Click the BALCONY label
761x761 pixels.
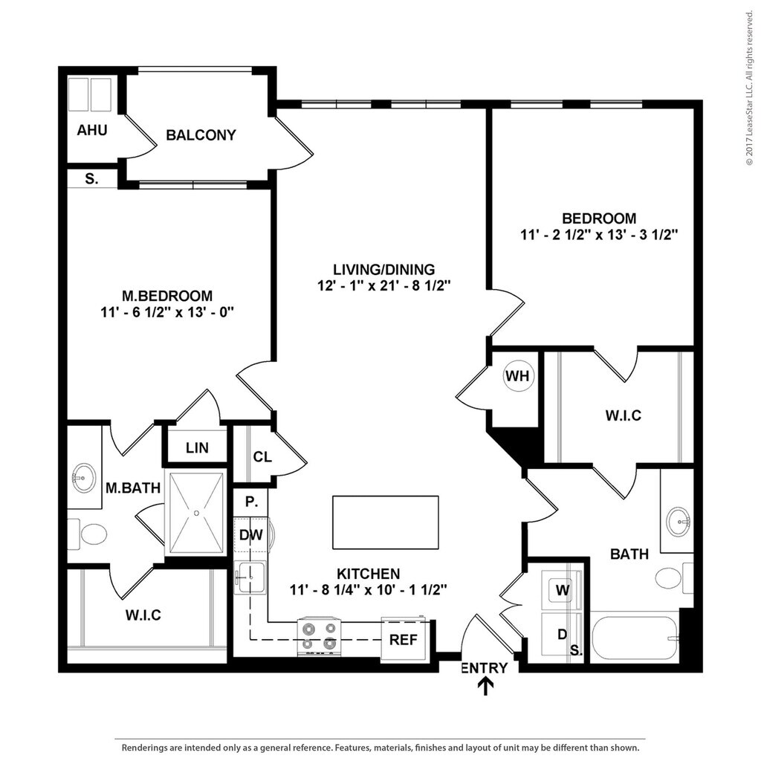click(x=201, y=135)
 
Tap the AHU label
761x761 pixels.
click(x=92, y=131)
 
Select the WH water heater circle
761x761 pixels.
click(x=517, y=376)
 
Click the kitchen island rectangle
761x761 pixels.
click(x=385, y=522)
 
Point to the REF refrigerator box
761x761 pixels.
click(x=404, y=639)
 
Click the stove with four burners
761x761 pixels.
click(x=320, y=636)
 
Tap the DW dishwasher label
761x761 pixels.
click(x=250, y=534)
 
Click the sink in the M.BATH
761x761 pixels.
click(x=84, y=477)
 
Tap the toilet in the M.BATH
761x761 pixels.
click(x=93, y=534)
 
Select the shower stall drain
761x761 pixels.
click(x=196, y=512)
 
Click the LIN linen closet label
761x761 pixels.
click(x=197, y=448)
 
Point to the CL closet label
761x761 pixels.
click(x=262, y=456)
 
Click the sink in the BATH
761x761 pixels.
click(x=678, y=520)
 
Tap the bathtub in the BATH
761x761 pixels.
click(x=635, y=638)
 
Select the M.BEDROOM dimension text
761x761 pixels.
click(x=167, y=313)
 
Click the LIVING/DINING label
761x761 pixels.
click(x=383, y=269)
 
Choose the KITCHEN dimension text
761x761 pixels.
click(x=369, y=590)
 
